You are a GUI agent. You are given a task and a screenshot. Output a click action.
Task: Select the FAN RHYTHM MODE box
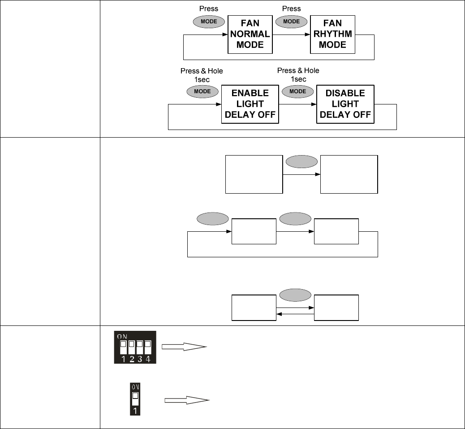(x=332, y=34)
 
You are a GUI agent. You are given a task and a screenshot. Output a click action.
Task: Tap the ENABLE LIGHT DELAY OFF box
(x=250, y=104)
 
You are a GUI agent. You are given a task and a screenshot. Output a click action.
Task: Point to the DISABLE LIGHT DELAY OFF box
(x=345, y=104)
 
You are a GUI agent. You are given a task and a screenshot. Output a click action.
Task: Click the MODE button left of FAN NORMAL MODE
(x=209, y=22)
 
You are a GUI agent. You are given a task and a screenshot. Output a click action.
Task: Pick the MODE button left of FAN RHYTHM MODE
(x=292, y=22)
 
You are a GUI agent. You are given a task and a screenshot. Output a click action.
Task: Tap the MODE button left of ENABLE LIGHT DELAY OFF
(x=202, y=91)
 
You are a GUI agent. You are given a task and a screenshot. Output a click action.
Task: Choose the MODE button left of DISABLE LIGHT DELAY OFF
(x=298, y=91)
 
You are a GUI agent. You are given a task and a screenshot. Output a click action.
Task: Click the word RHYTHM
(x=332, y=34)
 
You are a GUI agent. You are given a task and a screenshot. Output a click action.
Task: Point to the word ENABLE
(x=250, y=93)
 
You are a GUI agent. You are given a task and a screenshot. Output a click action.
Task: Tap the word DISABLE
(x=345, y=93)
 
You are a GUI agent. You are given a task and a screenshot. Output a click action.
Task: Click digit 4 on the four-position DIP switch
(x=147, y=359)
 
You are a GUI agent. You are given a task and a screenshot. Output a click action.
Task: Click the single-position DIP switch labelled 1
(x=135, y=399)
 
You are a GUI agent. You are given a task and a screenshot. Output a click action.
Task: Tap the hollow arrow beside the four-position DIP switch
(x=184, y=347)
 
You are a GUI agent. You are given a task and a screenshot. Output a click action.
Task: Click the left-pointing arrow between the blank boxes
(x=295, y=314)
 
